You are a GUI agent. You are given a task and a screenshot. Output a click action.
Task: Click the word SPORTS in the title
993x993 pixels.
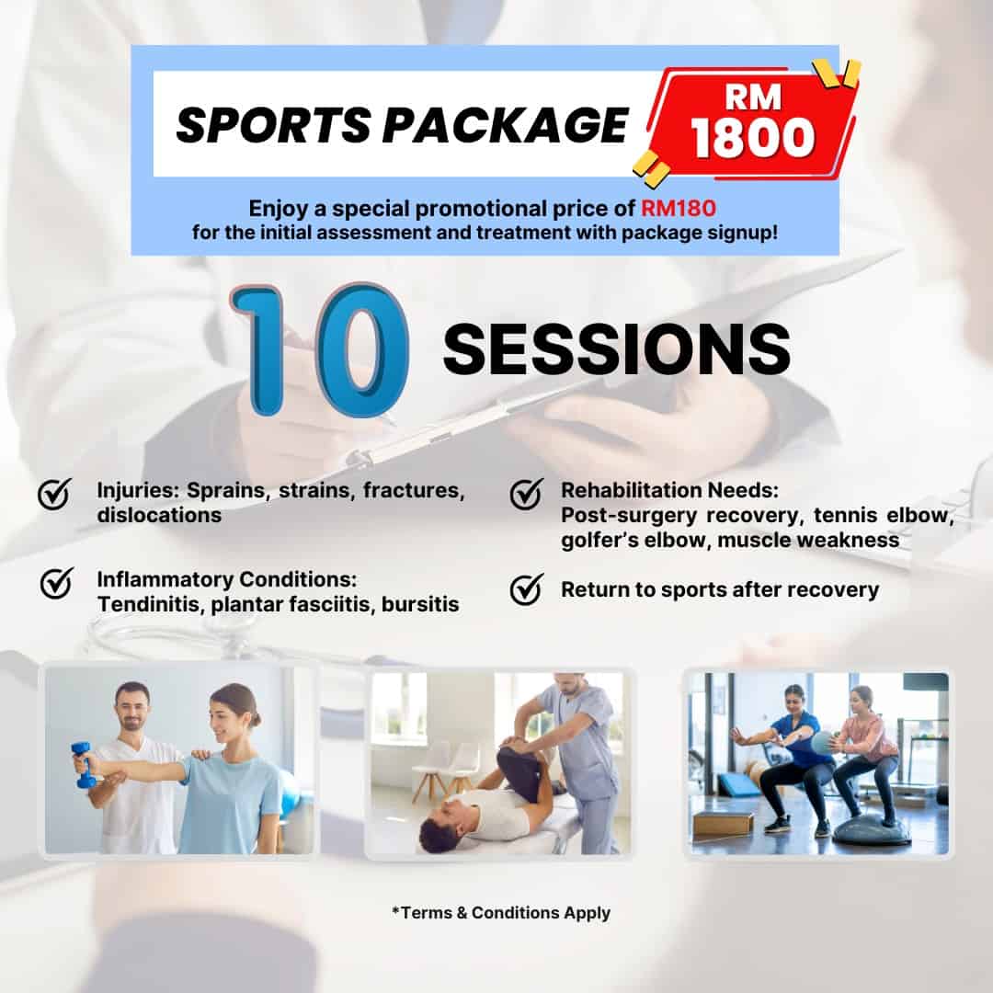point(273,125)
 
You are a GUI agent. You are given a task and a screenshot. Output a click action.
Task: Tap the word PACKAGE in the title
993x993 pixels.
point(505,125)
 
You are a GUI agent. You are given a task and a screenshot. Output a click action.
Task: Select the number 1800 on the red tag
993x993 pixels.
point(752,137)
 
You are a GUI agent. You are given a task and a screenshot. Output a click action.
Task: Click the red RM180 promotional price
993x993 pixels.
point(679,209)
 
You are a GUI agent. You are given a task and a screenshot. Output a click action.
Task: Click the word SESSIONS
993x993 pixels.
point(616,349)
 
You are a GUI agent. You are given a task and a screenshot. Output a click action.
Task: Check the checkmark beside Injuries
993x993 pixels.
point(54,494)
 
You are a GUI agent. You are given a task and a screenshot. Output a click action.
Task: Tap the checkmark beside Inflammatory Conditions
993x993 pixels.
point(57,583)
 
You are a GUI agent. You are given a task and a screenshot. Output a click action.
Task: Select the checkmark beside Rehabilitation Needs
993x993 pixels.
point(527,494)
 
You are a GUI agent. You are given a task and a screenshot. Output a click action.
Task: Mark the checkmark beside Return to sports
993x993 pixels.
point(527,589)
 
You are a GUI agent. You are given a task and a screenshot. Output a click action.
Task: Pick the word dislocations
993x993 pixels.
point(159,515)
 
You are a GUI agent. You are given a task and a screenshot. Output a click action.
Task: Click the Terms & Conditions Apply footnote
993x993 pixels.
point(501,913)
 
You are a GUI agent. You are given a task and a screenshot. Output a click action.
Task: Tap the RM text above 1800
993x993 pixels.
point(753,97)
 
